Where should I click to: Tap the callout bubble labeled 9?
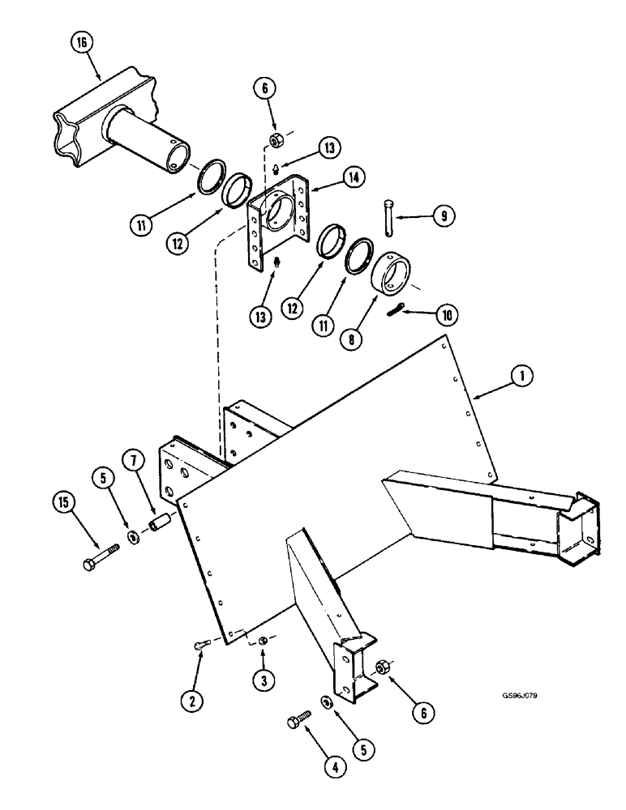pyautogui.click(x=443, y=216)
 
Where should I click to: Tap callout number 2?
pyautogui.click(x=191, y=700)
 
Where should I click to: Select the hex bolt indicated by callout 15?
pyautogui.click(x=101, y=557)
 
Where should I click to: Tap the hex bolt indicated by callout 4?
pyautogui.click(x=300, y=719)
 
